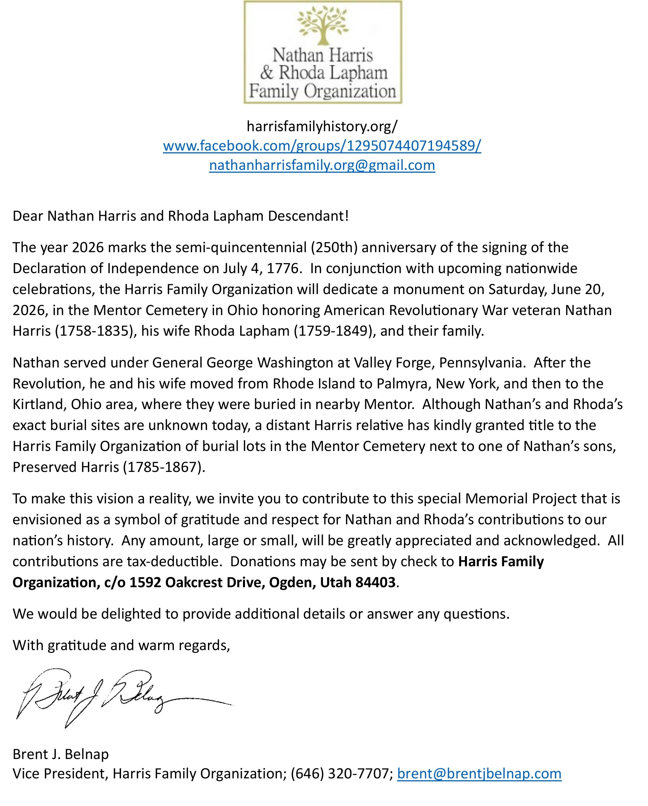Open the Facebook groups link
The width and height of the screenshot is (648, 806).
(x=322, y=145)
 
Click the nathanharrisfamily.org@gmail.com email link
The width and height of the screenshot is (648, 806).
(x=322, y=165)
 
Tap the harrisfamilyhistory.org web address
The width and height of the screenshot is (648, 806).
(x=322, y=127)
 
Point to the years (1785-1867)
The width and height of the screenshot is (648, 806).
(x=164, y=467)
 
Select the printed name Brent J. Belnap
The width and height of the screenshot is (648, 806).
(x=61, y=755)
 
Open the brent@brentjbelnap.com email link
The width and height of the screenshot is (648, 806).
(x=479, y=774)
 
